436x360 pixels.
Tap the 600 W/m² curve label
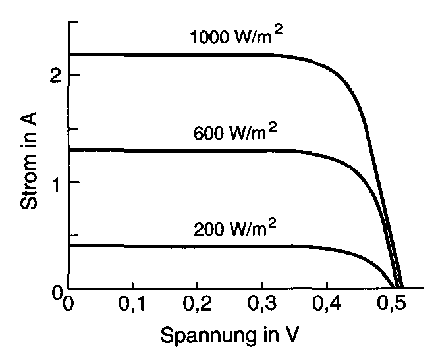[x=235, y=133]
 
